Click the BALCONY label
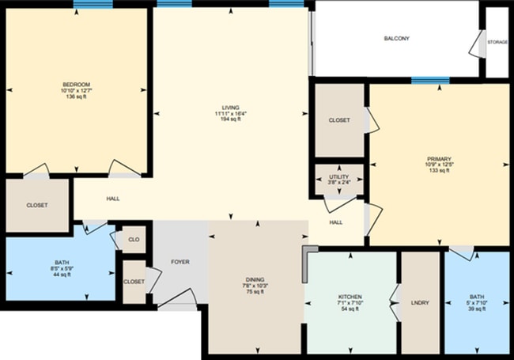pos(396,38)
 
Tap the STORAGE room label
pos(497,42)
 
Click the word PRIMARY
pos(438,158)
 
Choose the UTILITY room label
pos(338,176)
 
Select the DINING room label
pos(255,279)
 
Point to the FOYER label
pos(180,262)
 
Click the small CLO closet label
pos(134,240)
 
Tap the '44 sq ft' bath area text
pos(61,273)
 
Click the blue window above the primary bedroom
pos(430,80)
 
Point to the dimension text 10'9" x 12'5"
pos(438,165)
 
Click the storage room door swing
pos(477,45)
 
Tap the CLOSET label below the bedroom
pos(37,206)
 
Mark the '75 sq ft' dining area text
pos(255,292)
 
